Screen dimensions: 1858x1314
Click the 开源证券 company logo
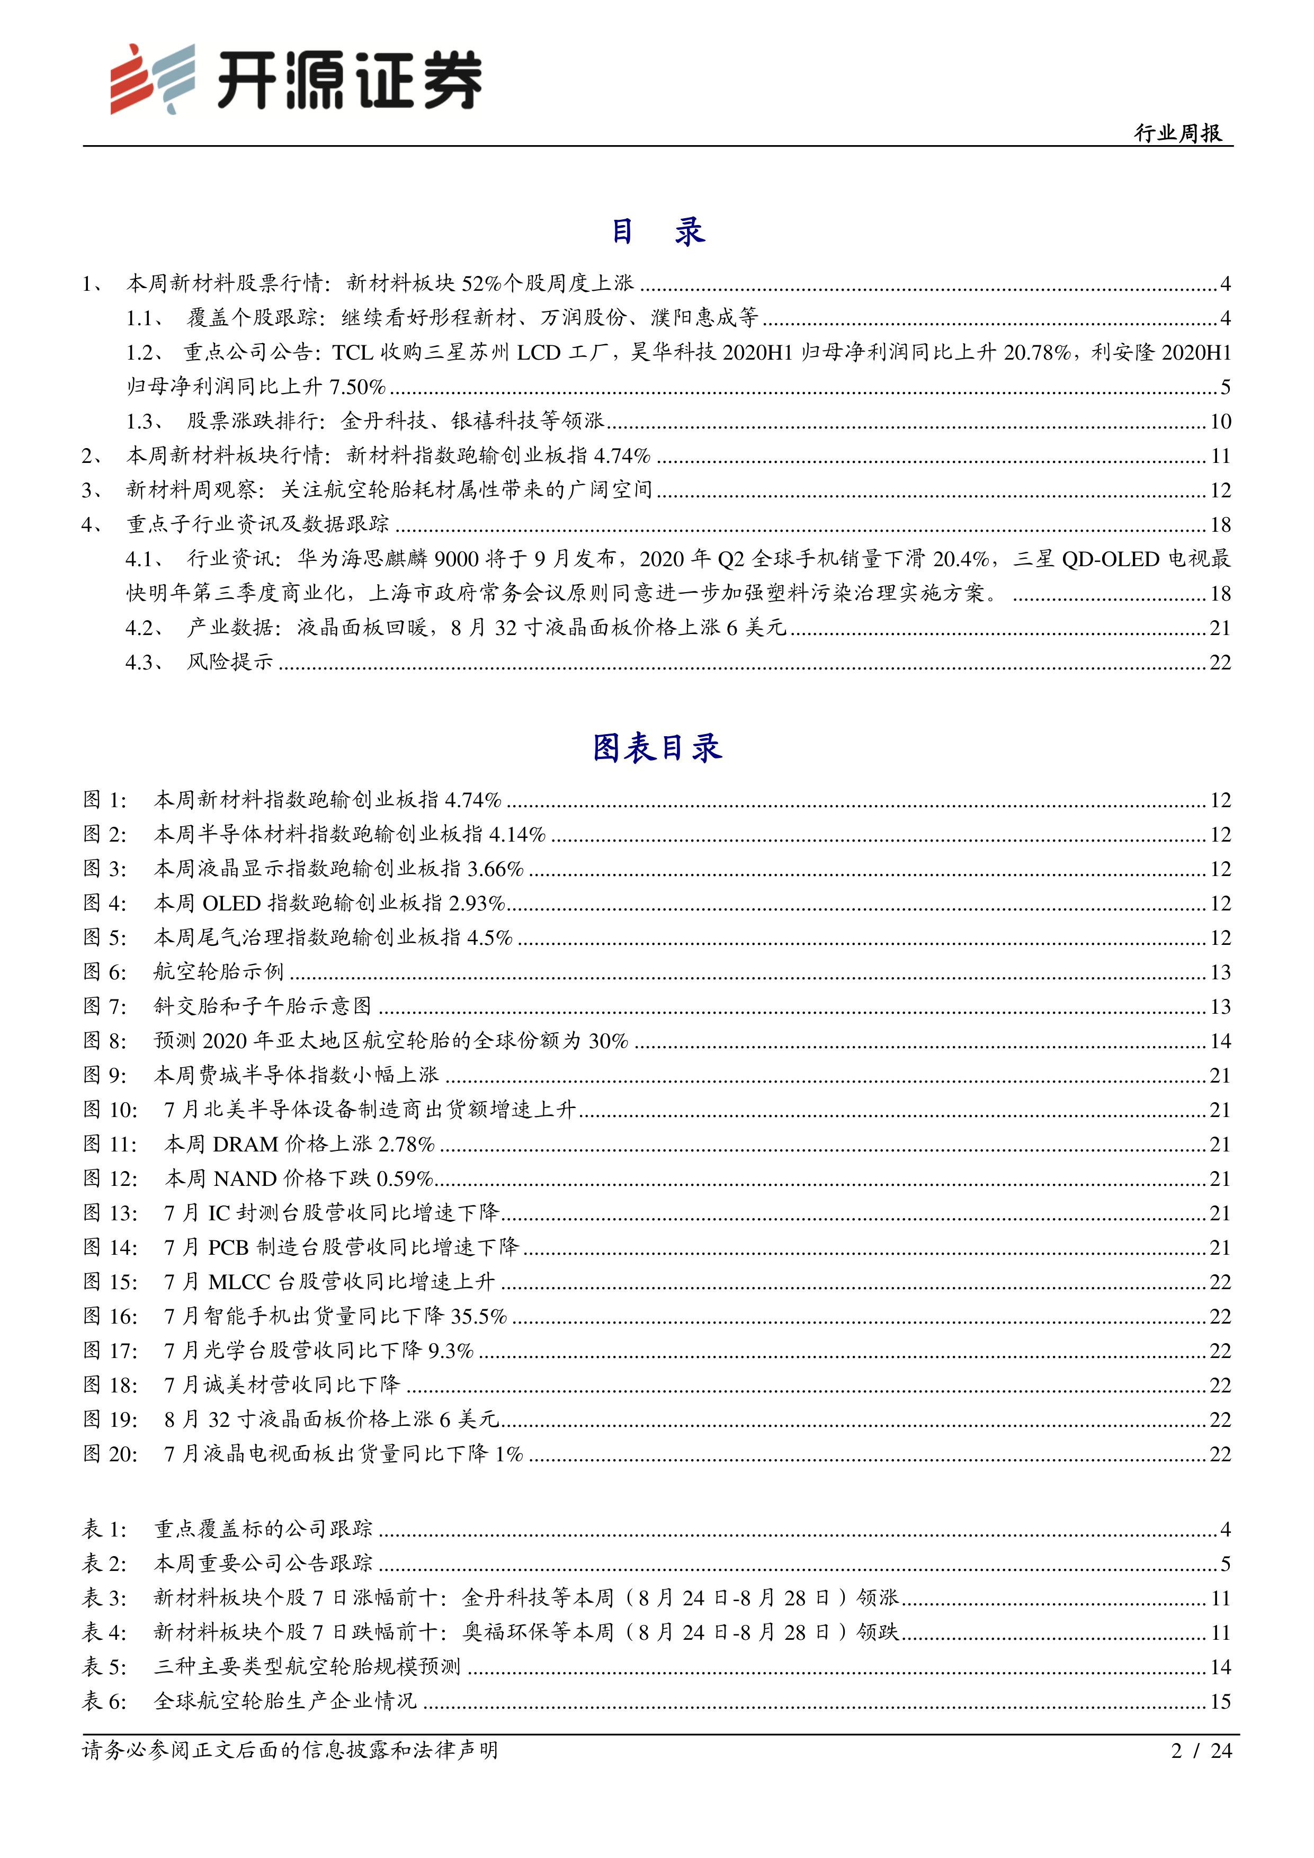[296, 78]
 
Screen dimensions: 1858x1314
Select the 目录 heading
[657, 232]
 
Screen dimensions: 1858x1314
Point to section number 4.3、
[146, 663]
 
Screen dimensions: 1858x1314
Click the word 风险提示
[230, 663]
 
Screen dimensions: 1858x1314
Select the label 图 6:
[105, 972]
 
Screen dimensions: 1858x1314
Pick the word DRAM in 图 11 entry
[245, 1144]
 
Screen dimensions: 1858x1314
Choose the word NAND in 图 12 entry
[246, 1179]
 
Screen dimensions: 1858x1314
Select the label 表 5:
[105, 1667]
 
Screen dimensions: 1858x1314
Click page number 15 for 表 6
[1220, 1702]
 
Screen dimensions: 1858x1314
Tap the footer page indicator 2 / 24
[1202, 1751]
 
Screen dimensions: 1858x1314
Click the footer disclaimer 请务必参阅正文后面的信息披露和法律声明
[290, 1751]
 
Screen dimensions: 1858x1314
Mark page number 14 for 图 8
[1220, 1041]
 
